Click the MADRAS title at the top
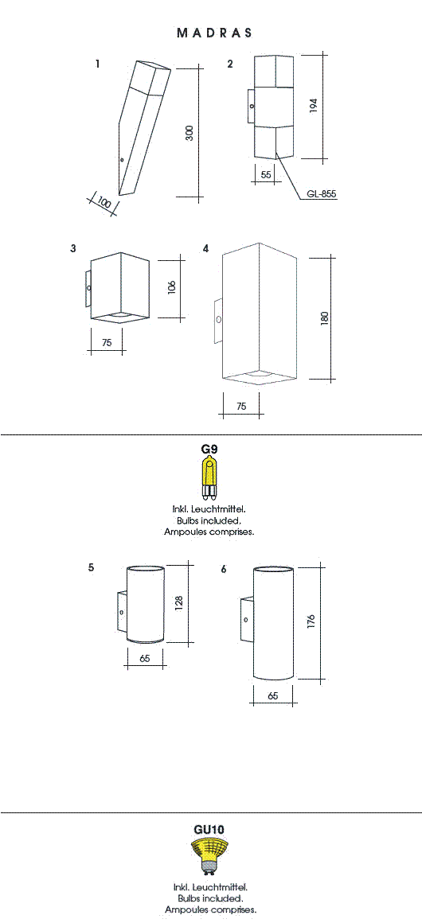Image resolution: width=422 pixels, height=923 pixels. click(x=214, y=33)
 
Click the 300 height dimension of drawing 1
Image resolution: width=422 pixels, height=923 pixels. click(x=190, y=134)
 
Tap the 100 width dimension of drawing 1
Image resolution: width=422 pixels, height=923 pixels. click(x=104, y=203)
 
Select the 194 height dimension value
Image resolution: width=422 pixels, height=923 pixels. click(x=314, y=106)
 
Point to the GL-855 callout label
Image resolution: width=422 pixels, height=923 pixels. click(x=322, y=193)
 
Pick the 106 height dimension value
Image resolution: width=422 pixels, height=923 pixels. click(x=172, y=288)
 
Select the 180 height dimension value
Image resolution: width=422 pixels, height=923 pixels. click(x=325, y=317)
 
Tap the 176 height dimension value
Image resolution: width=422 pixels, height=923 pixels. click(x=312, y=621)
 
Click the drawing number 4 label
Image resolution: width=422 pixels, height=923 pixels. click(x=205, y=249)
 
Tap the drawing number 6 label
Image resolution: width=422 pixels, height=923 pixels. click(x=224, y=570)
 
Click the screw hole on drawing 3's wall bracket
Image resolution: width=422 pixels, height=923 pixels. click(x=88, y=288)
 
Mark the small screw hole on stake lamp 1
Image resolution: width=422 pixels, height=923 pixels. click(x=121, y=159)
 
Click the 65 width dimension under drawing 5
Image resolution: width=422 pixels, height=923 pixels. click(x=145, y=659)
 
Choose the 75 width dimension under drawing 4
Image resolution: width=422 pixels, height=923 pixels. click(x=241, y=406)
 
